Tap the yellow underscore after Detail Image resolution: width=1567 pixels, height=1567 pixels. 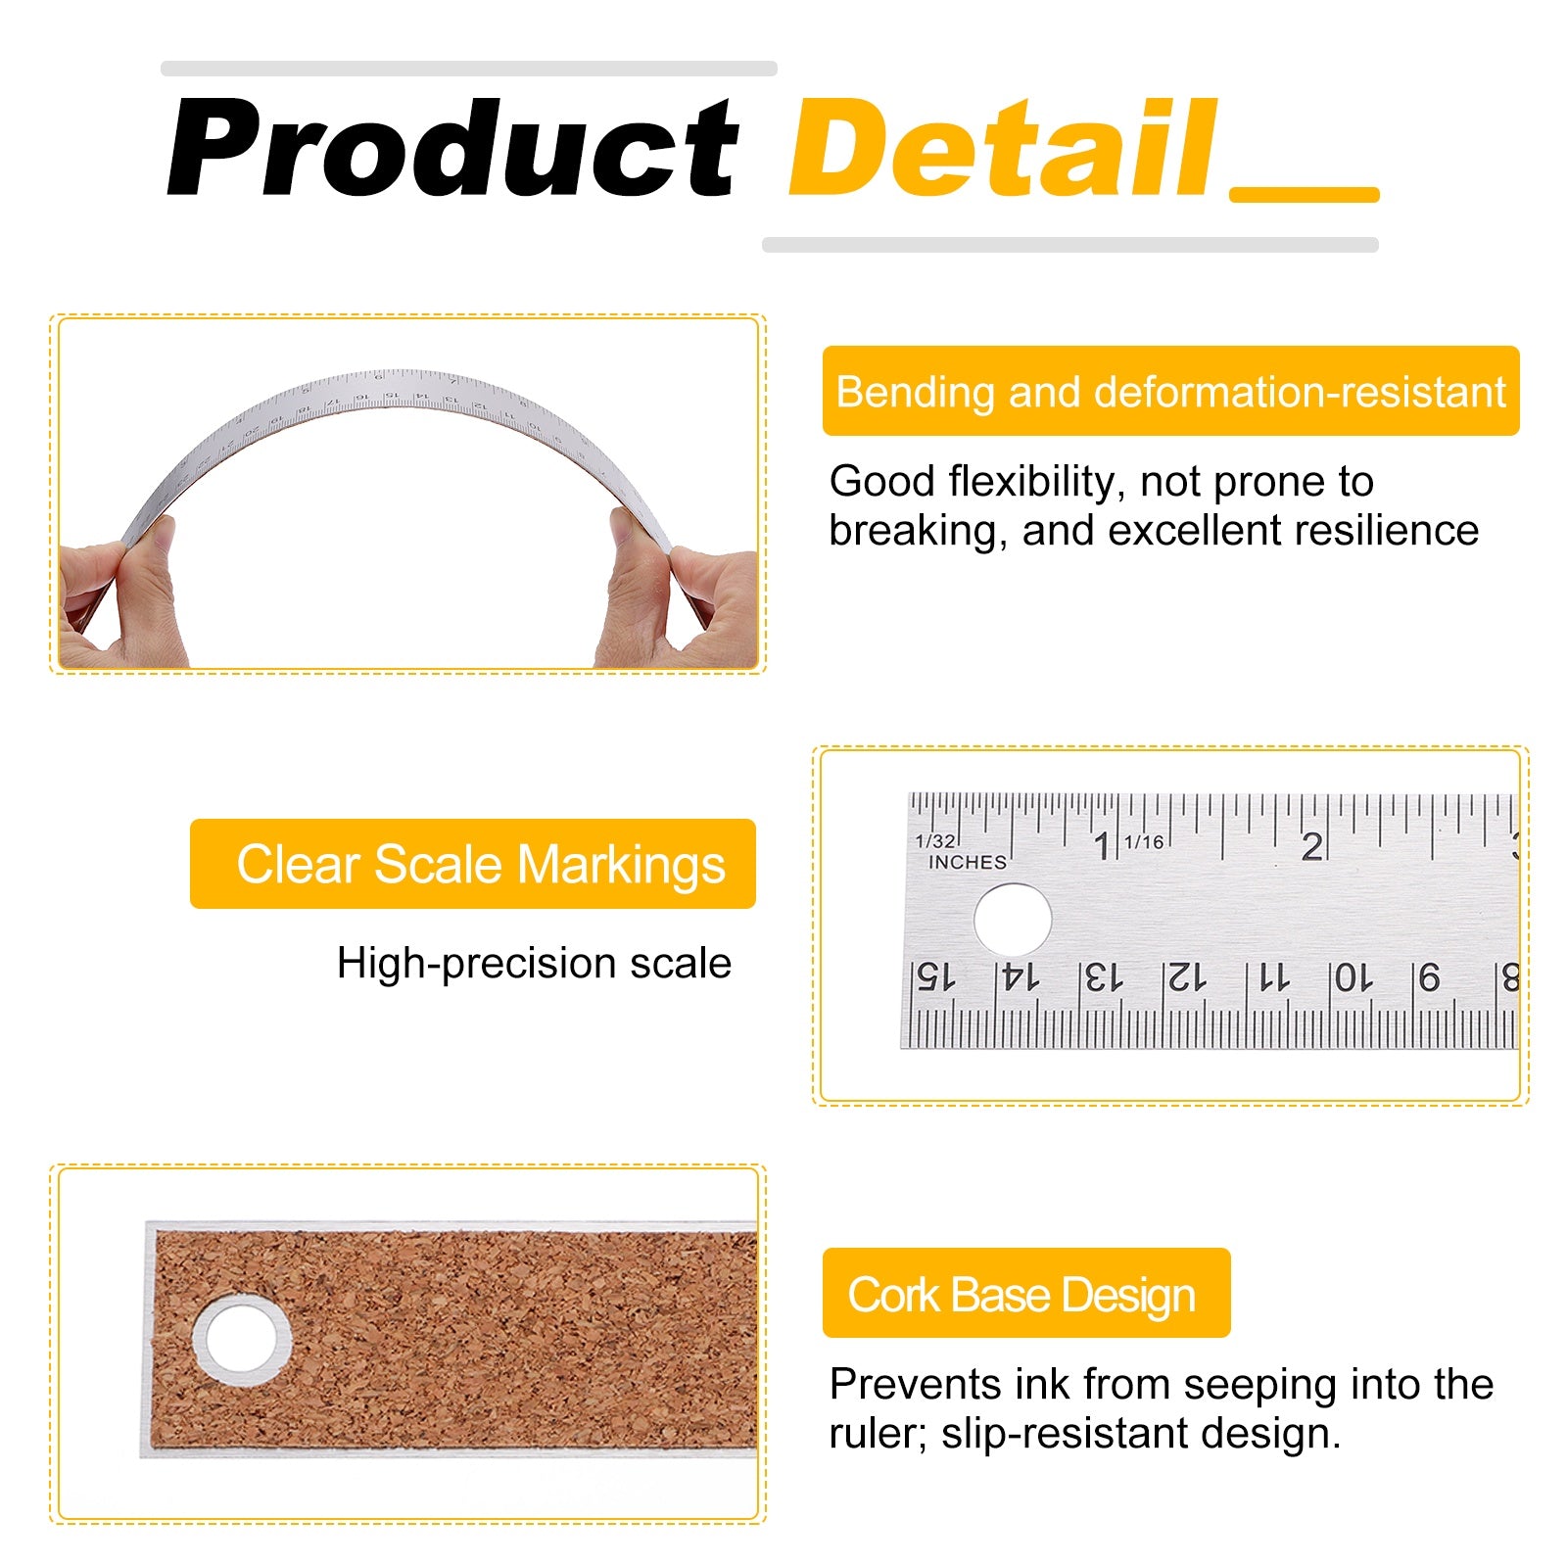[x=1305, y=195]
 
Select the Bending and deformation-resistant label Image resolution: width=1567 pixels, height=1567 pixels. [x=1170, y=391]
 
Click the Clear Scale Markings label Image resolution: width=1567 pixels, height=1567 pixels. [x=473, y=864]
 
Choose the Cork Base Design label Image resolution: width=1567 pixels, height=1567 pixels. [x=1026, y=1293]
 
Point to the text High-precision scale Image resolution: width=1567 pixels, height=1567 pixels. [x=534, y=963]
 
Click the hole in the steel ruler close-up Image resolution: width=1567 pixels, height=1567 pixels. [x=1013, y=920]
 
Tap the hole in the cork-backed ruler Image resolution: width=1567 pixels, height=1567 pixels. [x=242, y=1339]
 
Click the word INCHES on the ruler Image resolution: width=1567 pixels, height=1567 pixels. [x=968, y=862]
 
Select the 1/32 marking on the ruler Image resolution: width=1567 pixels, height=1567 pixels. [x=934, y=840]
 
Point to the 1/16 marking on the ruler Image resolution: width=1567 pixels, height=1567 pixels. [x=1144, y=841]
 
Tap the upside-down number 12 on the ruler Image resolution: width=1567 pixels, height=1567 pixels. [x=1185, y=976]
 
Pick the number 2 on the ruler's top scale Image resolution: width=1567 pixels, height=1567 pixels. [x=1312, y=846]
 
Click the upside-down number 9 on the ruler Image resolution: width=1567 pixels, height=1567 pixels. [x=1430, y=976]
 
